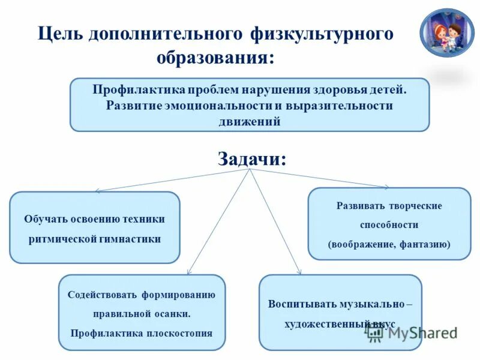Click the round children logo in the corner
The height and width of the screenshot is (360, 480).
(446, 33)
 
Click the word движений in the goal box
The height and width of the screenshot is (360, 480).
(250, 121)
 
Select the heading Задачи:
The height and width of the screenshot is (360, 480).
(251, 158)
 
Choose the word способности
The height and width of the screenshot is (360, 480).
(389, 225)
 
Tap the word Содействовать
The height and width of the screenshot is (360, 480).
(102, 295)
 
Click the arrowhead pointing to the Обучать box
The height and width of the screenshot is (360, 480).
(98, 191)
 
